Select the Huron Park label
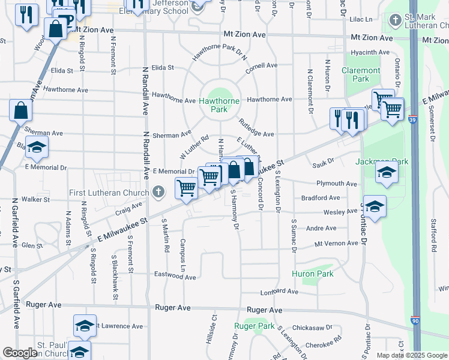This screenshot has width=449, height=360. coord(312,274)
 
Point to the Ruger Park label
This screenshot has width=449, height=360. coord(255,326)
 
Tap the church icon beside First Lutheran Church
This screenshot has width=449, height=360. coord(158,192)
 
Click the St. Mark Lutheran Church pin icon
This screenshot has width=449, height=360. coord(394,20)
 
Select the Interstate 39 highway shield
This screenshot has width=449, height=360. coord(412,119)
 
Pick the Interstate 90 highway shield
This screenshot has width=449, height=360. coord(415,322)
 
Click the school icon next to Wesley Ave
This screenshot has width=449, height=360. coord(375,207)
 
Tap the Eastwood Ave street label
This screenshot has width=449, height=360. coord(175,277)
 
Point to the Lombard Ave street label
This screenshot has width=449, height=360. coord(279,292)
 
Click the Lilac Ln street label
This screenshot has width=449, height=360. coord(360,19)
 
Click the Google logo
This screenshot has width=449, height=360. coord(20,353)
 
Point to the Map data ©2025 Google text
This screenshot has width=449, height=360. coord(411,355)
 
